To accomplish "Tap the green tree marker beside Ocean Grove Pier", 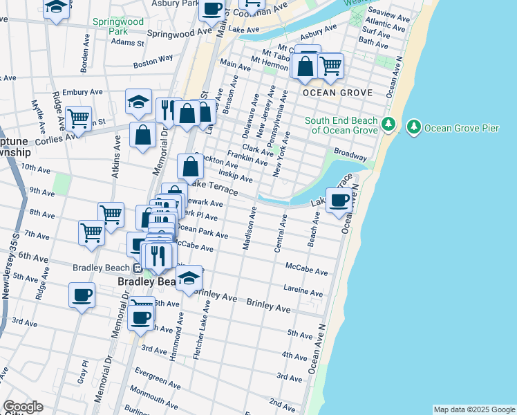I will [414, 127].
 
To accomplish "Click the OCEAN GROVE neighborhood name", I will [337, 93].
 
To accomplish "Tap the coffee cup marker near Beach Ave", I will [339, 201].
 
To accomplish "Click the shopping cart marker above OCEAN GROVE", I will [331, 66].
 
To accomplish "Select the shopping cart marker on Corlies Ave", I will [79, 119].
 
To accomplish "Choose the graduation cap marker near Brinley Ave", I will [188, 278].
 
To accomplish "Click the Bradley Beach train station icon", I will [138, 268].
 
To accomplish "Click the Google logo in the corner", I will [23, 406].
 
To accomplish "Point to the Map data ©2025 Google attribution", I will [473, 409].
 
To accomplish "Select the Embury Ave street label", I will [82, 92].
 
